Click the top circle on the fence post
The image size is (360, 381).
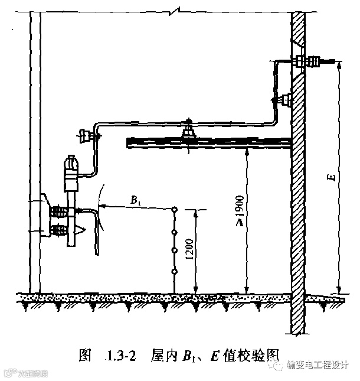click(x=175, y=209)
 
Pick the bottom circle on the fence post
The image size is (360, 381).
click(x=175, y=272)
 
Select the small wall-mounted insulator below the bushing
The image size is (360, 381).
click(x=286, y=98)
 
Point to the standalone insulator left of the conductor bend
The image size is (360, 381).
click(x=87, y=136)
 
